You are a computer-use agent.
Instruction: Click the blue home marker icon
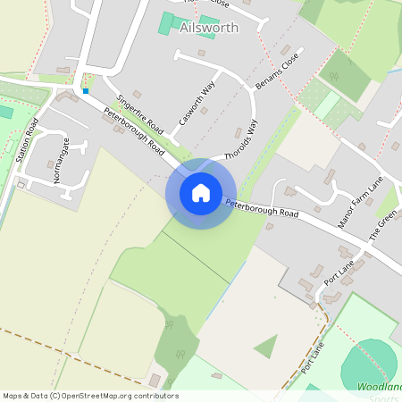click(x=201, y=192)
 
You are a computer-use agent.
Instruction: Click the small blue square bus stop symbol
click(x=86, y=90)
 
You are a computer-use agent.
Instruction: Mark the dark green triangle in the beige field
click(x=266, y=347)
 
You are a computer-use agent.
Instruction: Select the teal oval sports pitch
click(x=368, y=365)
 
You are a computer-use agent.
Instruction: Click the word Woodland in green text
click(x=379, y=387)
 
